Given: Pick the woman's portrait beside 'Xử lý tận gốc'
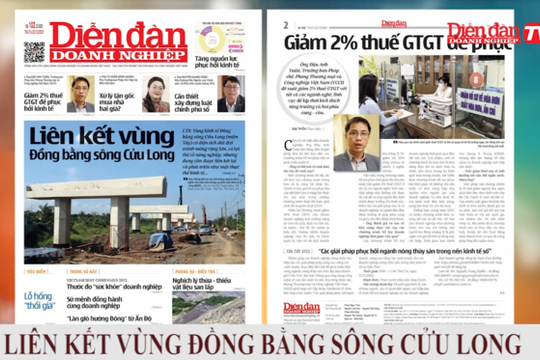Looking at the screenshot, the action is (x=157, y=94).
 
